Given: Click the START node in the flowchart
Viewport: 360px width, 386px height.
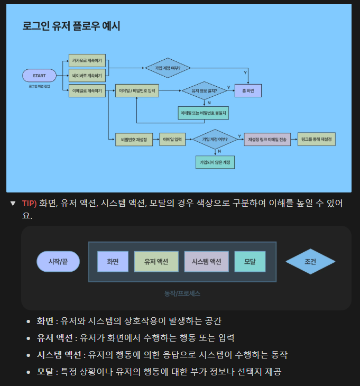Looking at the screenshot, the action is click(x=39, y=76).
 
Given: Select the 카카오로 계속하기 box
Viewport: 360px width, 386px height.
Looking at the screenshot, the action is click(x=87, y=60).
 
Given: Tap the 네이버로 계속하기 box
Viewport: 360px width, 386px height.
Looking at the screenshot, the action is click(x=87, y=76).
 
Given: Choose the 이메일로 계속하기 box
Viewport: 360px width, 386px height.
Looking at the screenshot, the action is click(x=87, y=91).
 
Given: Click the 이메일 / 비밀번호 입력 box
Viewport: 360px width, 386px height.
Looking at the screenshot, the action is click(x=137, y=91).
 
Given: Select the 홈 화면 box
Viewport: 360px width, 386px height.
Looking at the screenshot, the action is click(x=248, y=91).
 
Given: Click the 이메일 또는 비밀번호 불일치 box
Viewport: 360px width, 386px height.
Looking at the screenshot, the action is click(x=204, y=113).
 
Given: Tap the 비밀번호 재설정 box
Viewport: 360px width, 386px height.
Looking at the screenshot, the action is click(x=134, y=140).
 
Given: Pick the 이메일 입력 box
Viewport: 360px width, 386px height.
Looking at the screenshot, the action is click(x=172, y=140).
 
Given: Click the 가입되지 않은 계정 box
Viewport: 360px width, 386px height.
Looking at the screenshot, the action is click(x=215, y=162).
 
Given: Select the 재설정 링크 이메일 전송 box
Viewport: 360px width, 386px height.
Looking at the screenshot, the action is click(x=267, y=140).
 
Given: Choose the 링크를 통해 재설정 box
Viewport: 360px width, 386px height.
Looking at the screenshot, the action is click(x=317, y=140).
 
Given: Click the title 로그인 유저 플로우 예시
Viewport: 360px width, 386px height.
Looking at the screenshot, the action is click(x=71, y=26).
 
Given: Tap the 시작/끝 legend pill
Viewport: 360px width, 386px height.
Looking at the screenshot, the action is click(x=58, y=261).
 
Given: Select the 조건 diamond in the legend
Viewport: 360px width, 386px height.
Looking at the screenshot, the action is click(x=310, y=261).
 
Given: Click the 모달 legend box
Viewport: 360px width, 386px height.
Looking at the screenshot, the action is click(x=250, y=261).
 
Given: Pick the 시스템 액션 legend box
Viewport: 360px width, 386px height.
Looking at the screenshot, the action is click(x=206, y=261).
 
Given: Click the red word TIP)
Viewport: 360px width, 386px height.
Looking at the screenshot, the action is click(x=30, y=203).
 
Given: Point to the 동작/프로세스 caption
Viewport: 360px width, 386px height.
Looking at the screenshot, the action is click(x=182, y=293).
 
